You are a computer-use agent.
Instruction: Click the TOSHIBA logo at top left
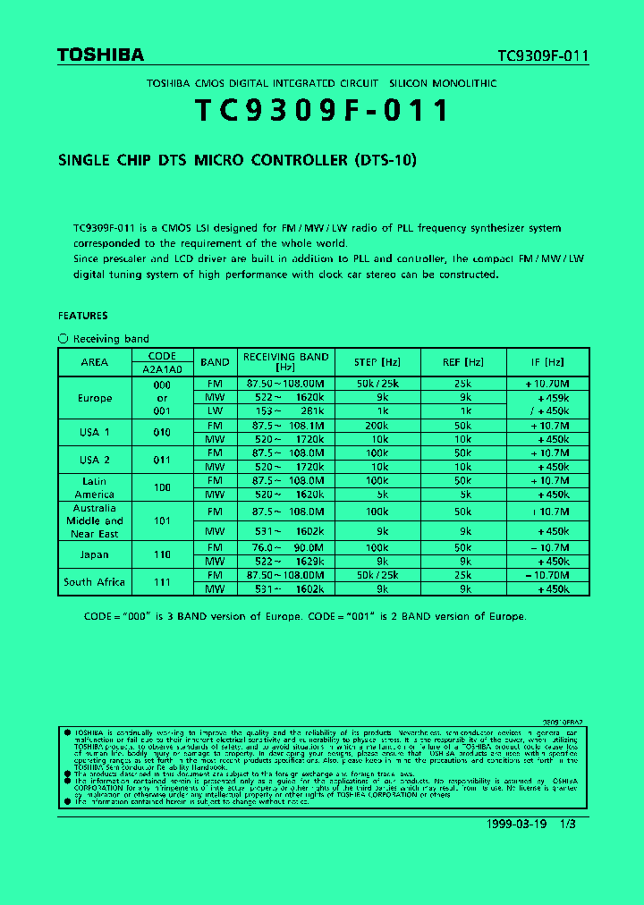pos(100,55)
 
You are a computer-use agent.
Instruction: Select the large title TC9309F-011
pos(322,111)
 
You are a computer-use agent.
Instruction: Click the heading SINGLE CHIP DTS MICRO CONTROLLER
pos(238,161)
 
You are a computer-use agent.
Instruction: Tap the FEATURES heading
pos(83,316)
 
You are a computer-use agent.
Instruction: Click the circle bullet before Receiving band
pos(63,339)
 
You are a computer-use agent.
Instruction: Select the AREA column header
pos(94,362)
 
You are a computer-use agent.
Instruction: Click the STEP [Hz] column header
pos(377,362)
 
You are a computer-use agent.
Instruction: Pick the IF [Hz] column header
pos(547,362)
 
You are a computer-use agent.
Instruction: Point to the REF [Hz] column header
pos(462,362)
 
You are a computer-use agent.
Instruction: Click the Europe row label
pos(94,398)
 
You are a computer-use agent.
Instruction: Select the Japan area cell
pos(94,554)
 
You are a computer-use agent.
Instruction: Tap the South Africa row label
pos(94,582)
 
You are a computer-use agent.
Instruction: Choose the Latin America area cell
pos(94,487)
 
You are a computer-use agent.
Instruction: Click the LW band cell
pos(215,411)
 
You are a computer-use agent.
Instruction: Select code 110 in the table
pos(162,554)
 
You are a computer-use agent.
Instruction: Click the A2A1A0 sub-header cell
pos(162,368)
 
